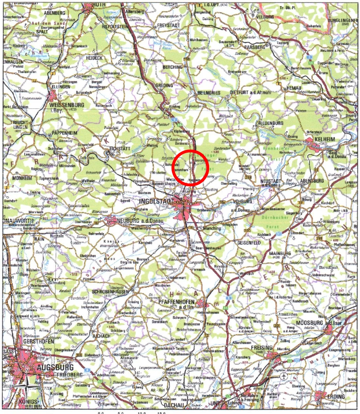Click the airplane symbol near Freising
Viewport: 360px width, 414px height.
[284, 376]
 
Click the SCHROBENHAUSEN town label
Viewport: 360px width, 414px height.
[110, 291]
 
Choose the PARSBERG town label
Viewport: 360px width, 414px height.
[254, 47]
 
